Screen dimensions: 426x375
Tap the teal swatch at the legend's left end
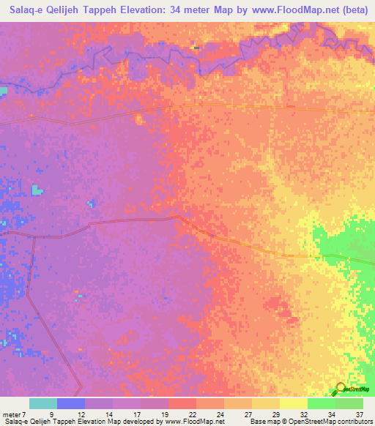pos(43,403)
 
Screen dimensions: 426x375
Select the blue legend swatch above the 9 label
pos(71,403)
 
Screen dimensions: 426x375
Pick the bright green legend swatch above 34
pos(322,403)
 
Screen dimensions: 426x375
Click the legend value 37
pos(359,414)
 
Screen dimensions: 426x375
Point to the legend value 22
pos(192,414)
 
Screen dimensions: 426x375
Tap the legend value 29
pos(275,414)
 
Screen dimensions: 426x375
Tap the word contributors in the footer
pos(354,422)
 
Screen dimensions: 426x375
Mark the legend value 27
pos(248,414)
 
